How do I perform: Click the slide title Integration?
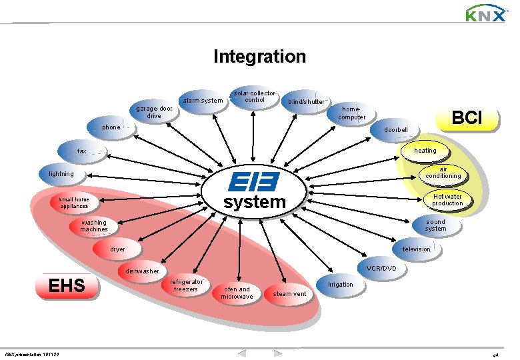pyautogui.click(x=259, y=57)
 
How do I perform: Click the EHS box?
pyautogui.click(x=67, y=286)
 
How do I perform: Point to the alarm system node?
pyautogui.click(x=203, y=101)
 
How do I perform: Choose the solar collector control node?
pyautogui.click(x=254, y=97)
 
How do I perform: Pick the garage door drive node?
pyautogui.click(x=154, y=112)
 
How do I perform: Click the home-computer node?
pyautogui.click(x=351, y=113)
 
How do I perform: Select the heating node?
pyautogui.click(x=425, y=151)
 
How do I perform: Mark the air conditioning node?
pyautogui.click(x=443, y=173)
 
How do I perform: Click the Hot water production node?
pyautogui.click(x=447, y=200)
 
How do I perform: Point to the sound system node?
pyautogui.click(x=435, y=225)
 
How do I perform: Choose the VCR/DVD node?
pyautogui.click(x=381, y=268)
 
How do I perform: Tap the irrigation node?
pyautogui.click(x=340, y=285)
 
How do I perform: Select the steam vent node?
pyautogui.click(x=290, y=293)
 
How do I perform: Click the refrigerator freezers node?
pyautogui.click(x=186, y=285)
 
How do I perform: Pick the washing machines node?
pyautogui.click(x=94, y=226)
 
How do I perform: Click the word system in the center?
pyautogui.click(x=254, y=202)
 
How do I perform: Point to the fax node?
pyautogui.click(x=82, y=151)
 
